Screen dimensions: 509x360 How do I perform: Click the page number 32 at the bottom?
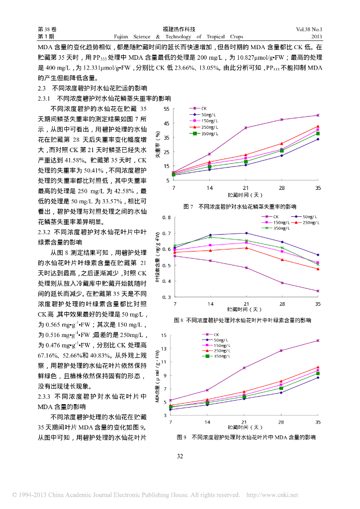coord(180,456)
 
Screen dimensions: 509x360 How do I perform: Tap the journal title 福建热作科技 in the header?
coord(180,29)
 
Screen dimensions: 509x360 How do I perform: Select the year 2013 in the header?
coord(317,37)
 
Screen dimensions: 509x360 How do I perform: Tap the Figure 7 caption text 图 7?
coord(188,206)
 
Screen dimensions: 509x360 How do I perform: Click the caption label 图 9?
coord(182,437)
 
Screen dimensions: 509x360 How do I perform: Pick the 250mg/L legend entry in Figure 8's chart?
coord(310,222)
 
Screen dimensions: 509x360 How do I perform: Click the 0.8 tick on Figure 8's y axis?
coord(166,218)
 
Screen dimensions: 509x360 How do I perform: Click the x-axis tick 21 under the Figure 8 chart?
coord(246,303)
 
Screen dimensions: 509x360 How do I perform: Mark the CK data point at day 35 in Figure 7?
coord(318,115)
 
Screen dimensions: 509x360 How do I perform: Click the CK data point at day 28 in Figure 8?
coord(282,283)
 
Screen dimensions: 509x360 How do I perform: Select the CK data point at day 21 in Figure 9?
coord(244,368)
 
